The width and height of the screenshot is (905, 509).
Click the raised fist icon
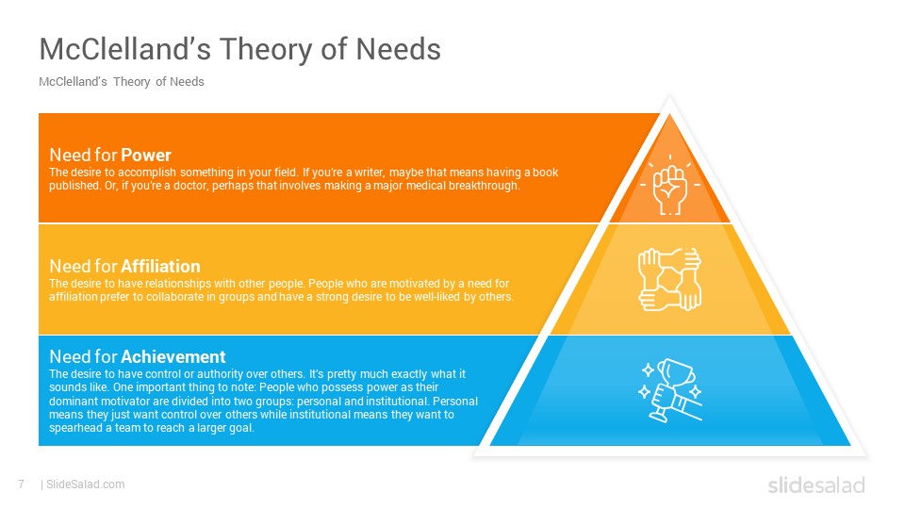coord(669,186)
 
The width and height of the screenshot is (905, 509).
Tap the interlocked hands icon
coord(669,279)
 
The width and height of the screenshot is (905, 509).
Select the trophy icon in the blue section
coord(670,390)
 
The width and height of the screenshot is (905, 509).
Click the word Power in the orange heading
coord(146,155)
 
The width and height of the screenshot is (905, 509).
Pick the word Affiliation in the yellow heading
coord(160,266)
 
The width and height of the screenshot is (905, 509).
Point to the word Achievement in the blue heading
coord(173,356)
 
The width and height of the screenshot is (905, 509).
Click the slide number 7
coord(22,484)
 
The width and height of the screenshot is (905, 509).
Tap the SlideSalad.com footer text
coord(85,484)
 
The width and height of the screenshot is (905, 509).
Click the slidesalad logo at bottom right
coord(816,484)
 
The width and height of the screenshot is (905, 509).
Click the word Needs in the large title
coord(398,48)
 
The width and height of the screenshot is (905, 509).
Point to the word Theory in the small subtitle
coord(132,82)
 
